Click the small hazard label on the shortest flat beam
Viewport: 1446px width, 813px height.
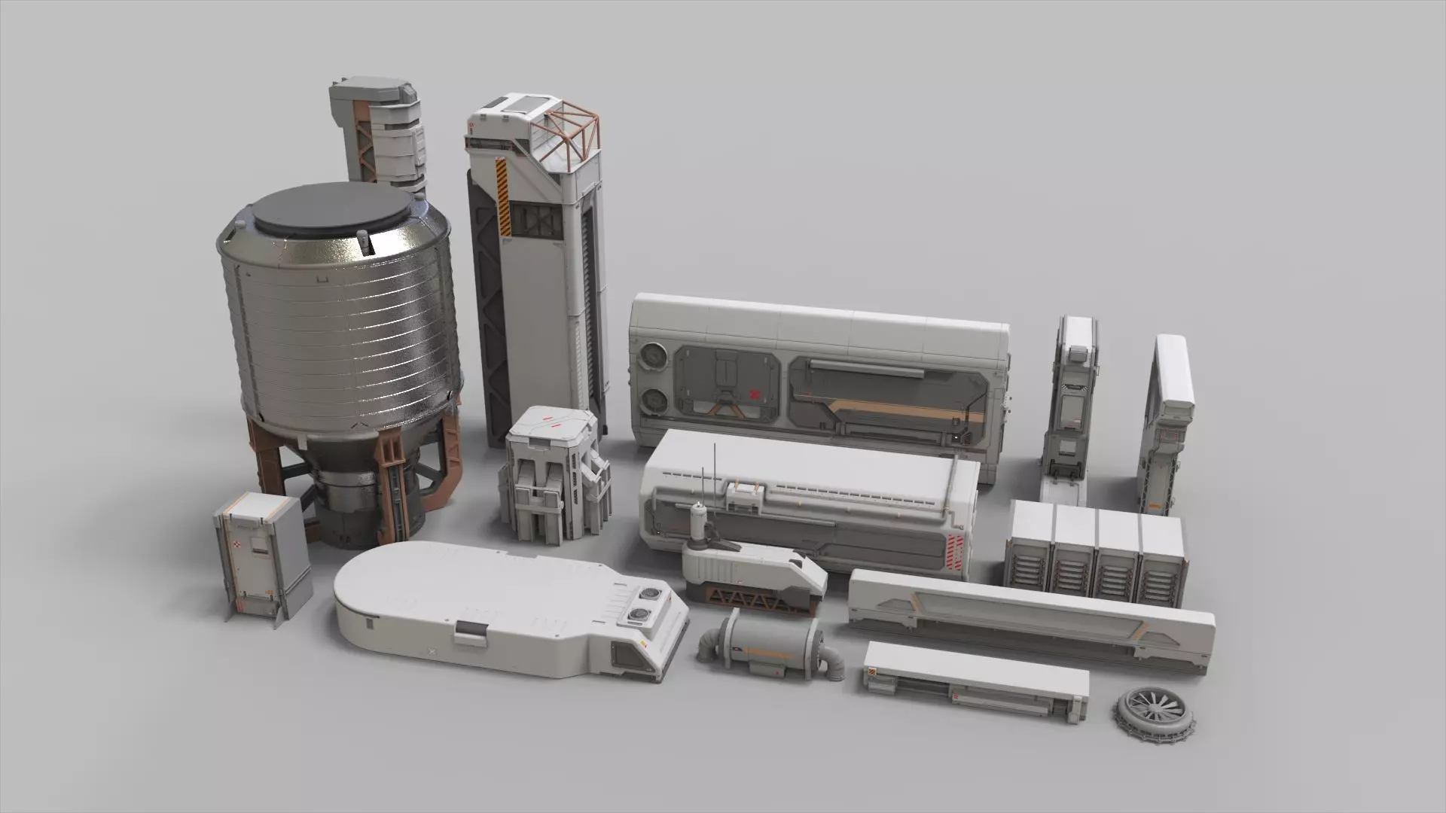click(874, 672)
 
